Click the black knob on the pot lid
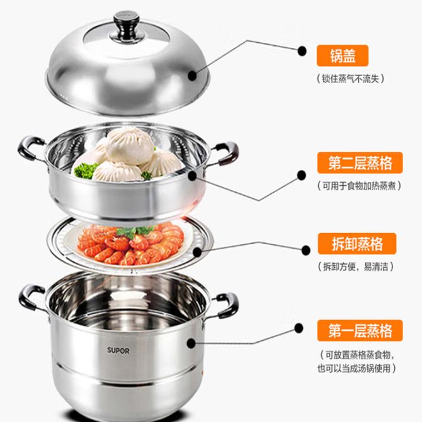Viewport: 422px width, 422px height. point(126,26)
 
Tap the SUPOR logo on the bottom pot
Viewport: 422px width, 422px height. point(118,350)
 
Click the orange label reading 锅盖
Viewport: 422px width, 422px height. point(343,55)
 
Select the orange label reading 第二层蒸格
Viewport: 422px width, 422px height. point(360,163)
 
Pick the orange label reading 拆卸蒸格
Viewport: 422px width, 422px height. point(357,244)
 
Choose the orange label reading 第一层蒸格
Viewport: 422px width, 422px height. point(360,331)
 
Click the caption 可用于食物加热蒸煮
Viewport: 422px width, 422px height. point(359,186)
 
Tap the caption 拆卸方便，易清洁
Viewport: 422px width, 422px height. point(355,266)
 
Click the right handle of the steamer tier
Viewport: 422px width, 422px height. point(225,154)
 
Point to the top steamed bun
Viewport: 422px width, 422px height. point(130,145)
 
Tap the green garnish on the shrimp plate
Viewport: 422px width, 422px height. point(134,232)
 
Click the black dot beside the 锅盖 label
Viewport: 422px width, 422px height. point(302,50)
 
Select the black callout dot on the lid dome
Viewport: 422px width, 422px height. point(192,76)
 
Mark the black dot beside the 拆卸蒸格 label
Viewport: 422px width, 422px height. point(305,250)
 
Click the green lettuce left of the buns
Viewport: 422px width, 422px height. point(85,170)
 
